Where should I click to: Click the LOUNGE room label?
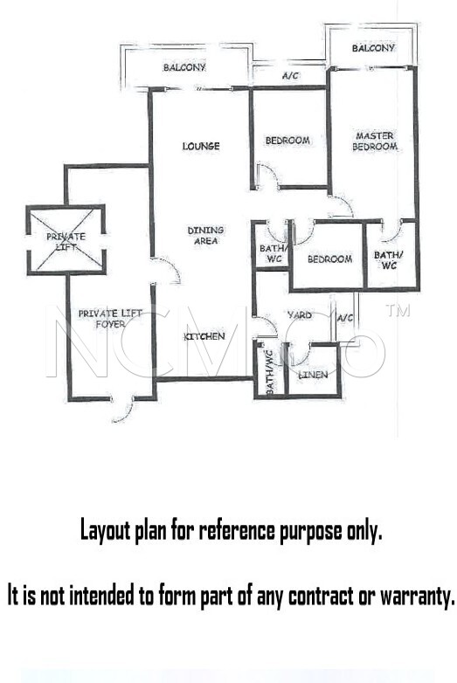point(201,146)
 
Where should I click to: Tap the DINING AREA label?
point(205,235)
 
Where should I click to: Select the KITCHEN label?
point(204,336)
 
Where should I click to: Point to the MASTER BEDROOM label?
point(375,141)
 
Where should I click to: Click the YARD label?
point(300,314)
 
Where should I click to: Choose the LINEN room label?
point(313,374)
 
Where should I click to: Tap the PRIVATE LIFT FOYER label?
point(110,319)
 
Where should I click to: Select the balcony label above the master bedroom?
point(373,47)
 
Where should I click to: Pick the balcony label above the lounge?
point(184,67)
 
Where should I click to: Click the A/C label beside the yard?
point(345,318)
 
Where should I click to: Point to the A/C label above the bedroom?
point(291,75)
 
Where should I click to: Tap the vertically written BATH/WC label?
point(270,372)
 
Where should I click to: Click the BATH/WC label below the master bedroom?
point(389,259)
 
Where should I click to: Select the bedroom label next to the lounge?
point(287,141)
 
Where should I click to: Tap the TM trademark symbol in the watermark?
point(398,310)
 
